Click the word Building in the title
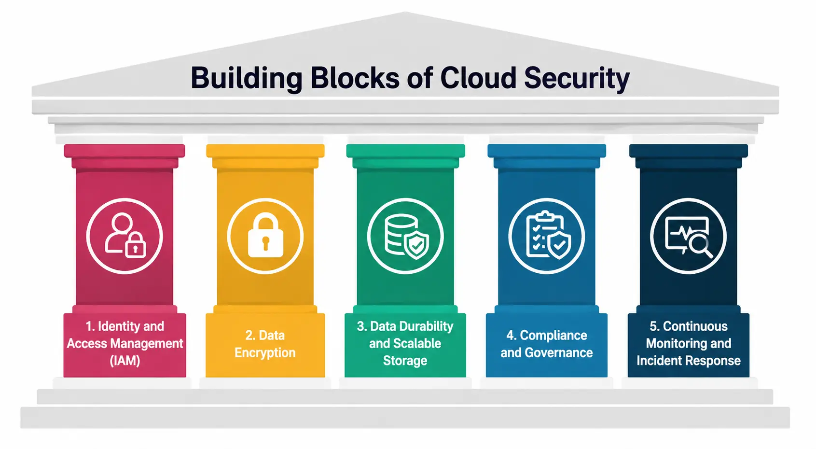click(247, 78)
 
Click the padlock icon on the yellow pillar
click(265, 235)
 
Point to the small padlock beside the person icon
click(135, 245)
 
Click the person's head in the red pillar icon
click(122, 223)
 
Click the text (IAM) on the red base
click(125, 361)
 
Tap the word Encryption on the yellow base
click(265, 353)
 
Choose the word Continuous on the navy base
click(695, 326)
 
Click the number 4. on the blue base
click(511, 335)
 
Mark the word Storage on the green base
click(405, 361)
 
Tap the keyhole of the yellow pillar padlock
click(265, 243)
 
